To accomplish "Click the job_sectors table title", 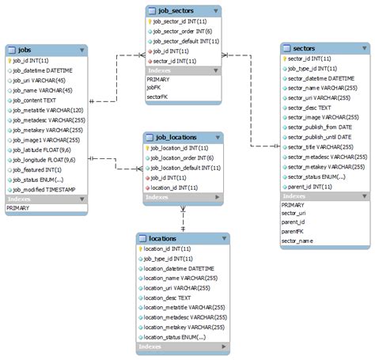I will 176,11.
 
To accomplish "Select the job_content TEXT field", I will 36,100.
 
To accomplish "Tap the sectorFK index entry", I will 158,96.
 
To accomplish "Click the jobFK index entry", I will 154,88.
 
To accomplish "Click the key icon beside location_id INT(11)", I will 140,248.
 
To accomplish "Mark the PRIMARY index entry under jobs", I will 19,208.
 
